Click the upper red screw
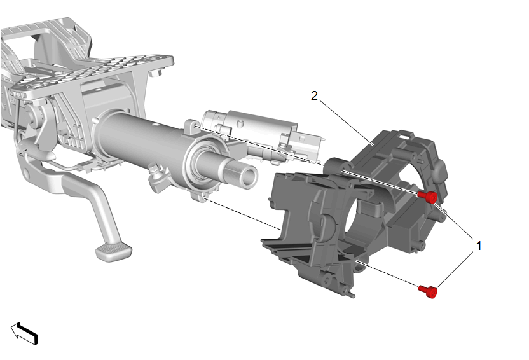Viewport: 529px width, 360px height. (428, 197)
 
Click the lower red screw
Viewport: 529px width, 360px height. (428, 291)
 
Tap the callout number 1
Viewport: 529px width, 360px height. (478, 246)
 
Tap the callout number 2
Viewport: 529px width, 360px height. (314, 96)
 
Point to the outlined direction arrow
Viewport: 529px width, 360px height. (24, 333)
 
